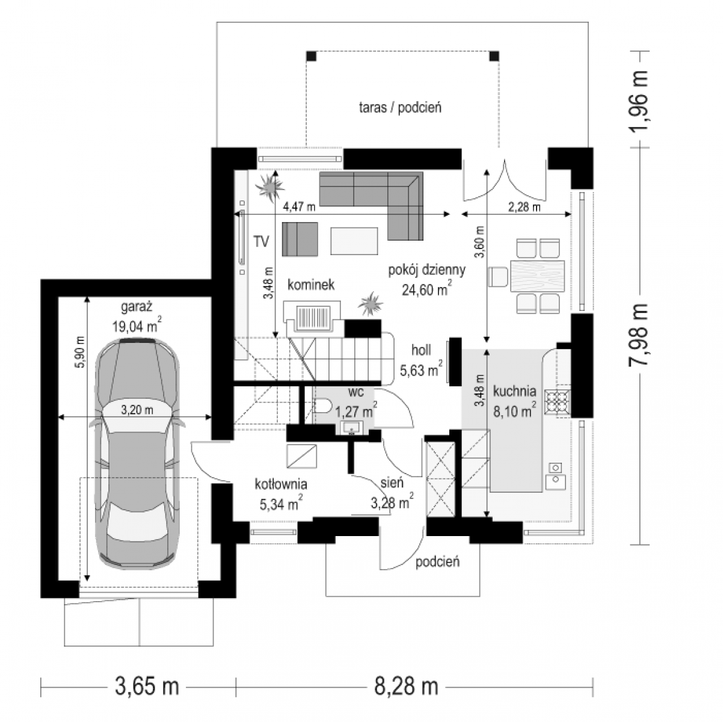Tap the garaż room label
(137, 307)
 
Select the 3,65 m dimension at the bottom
(147, 687)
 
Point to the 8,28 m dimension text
(407, 687)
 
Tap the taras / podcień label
(400, 108)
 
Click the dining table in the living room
(537, 276)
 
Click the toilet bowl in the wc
(322, 406)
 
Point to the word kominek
(311, 285)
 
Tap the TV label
(261, 241)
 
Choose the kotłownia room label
(281, 484)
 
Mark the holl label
(421, 350)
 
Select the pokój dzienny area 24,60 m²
(426, 289)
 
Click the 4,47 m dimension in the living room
(299, 206)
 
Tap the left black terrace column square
(312, 56)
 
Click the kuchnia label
(514, 392)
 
